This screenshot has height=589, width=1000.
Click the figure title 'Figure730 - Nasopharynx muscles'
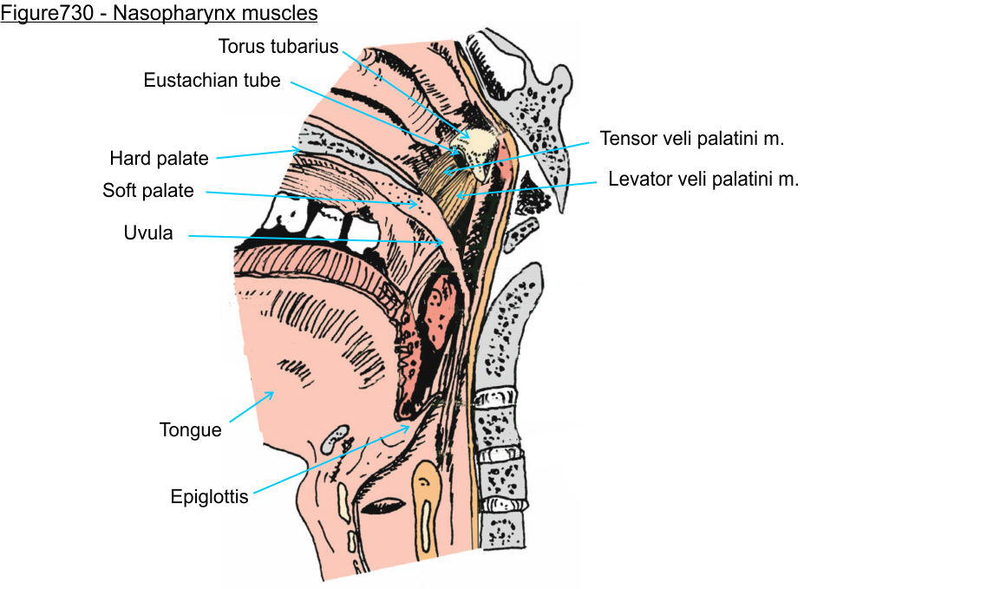click(159, 14)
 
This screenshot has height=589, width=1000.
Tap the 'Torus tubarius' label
click(278, 46)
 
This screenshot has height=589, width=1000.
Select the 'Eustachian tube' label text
click(212, 81)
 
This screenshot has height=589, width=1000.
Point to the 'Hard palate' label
click(159, 158)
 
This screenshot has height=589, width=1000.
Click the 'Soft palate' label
click(147, 191)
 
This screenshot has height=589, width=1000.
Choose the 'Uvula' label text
click(148, 232)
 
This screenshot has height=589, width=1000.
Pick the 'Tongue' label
click(190, 429)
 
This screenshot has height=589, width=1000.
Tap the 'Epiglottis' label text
click(209, 497)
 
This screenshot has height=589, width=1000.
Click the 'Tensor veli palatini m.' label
click(691, 138)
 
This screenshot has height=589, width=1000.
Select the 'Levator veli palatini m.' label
click(703, 180)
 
